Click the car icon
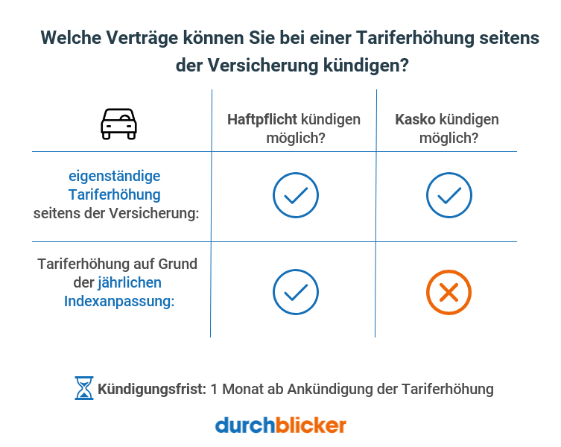coord(119,124)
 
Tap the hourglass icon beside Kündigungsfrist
coord(83,388)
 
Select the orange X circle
coord(449,292)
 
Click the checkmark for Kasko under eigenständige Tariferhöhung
coord(449,195)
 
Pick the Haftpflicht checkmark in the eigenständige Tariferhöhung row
coord(295,195)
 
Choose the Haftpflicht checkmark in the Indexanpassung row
coord(295,292)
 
